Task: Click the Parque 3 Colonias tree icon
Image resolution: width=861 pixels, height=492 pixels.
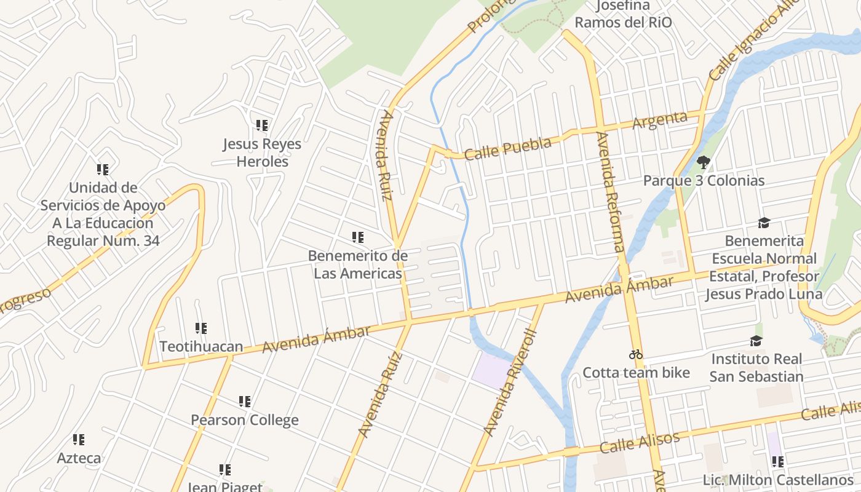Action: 704,163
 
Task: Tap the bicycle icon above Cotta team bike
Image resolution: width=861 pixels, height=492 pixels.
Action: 636,354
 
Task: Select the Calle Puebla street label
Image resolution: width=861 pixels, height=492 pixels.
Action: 507,148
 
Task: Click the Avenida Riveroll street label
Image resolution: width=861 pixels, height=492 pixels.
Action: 510,383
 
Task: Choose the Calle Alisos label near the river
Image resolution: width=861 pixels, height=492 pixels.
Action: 640,442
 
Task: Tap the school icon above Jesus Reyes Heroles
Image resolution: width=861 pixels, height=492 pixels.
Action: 262,126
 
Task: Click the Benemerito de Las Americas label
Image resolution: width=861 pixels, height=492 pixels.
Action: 357,264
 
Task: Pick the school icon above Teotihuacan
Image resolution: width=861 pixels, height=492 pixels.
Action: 200,328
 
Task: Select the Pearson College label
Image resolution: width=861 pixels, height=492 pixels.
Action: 244,420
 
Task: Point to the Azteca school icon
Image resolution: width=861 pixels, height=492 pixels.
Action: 79,440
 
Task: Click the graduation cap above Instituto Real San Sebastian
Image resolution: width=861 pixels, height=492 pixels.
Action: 756,341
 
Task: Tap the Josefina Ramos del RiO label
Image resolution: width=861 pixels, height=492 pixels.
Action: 623,14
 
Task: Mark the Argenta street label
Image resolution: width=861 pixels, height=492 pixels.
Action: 659,120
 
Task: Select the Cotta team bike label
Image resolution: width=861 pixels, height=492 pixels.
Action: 636,373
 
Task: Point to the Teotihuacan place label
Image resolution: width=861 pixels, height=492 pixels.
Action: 201,346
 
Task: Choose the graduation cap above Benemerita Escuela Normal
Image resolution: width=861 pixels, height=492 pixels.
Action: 764,223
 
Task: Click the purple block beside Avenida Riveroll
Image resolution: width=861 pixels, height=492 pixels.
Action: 492,371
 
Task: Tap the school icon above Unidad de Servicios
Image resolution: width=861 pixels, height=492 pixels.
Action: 103,170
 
